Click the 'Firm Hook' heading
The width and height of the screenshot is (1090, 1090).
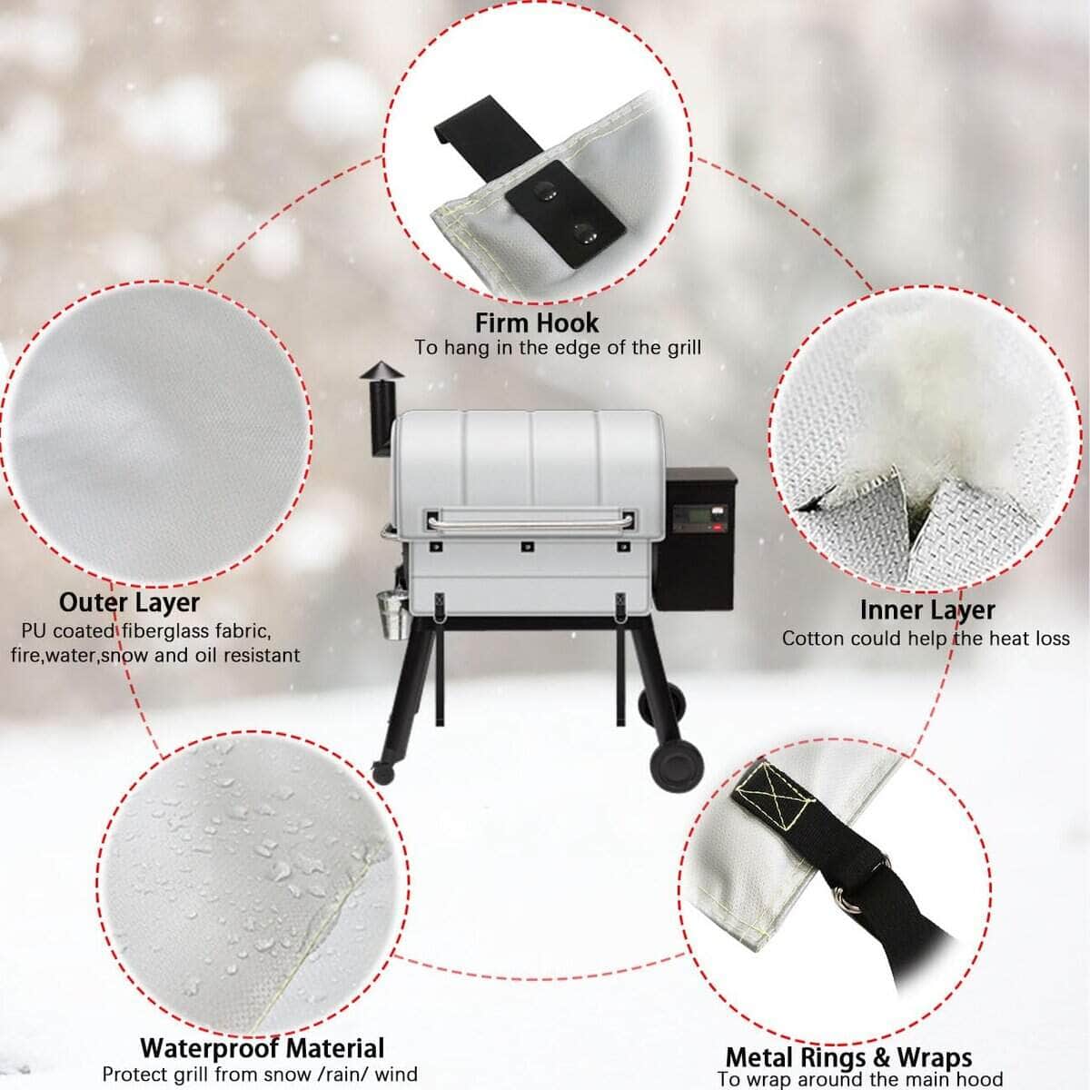[x=537, y=323]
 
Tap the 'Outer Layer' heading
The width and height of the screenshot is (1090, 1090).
[x=130, y=603]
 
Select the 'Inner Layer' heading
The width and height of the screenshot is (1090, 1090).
[x=927, y=609]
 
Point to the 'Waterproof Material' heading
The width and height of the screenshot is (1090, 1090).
[x=263, y=1048]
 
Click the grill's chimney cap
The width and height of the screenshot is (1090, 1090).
[x=381, y=371]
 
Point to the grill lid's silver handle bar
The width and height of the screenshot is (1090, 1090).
[x=529, y=521]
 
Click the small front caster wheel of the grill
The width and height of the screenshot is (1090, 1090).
[x=383, y=772]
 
